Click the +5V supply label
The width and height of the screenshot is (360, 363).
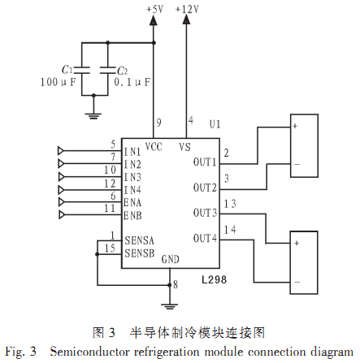(x=154, y=9)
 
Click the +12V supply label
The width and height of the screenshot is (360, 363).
(x=187, y=9)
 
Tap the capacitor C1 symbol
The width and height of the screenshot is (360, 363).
(x=82, y=70)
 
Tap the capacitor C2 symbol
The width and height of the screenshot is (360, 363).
(x=108, y=70)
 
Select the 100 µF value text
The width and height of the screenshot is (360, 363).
(x=58, y=82)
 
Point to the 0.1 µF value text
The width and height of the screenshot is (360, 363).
(x=132, y=82)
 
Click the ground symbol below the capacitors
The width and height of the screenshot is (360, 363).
(x=93, y=116)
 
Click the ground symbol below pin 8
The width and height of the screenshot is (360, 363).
(x=170, y=306)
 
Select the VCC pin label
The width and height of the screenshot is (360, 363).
(x=154, y=147)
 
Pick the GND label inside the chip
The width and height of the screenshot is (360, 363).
(x=171, y=259)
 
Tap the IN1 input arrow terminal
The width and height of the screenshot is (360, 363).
(x=61, y=150)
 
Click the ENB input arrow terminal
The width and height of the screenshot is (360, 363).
(x=62, y=215)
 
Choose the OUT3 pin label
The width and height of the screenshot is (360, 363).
(x=205, y=213)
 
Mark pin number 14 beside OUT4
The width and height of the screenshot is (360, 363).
(x=230, y=230)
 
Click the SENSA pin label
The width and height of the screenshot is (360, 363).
(x=139, y=240)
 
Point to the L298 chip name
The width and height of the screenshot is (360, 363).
(x=214, y=279)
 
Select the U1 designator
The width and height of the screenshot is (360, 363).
(x=215, y=124)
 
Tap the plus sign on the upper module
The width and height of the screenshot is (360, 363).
(x=295, y=126)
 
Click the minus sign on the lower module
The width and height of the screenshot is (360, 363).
(x=297, y=283)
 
